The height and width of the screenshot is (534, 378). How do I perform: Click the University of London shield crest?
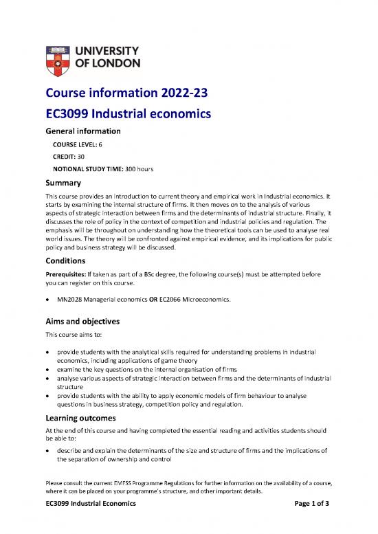tap(57, 57)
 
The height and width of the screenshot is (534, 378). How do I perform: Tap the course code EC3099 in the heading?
tap(70, 112)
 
